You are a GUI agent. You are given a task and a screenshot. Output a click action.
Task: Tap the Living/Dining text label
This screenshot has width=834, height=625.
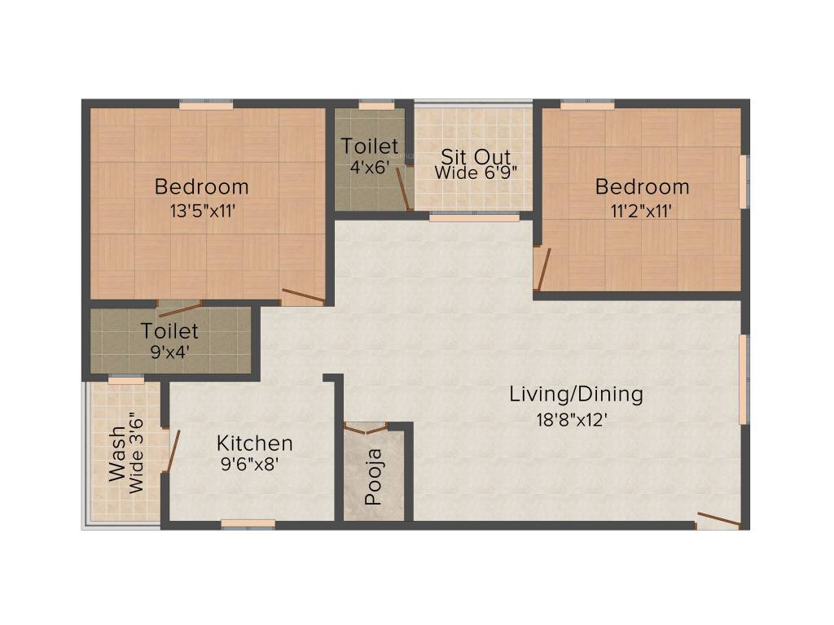click(576, 395)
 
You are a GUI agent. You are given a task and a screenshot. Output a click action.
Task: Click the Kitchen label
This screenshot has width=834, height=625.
click(254, 444)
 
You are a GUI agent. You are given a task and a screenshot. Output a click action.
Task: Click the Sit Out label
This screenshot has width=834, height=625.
click(476, 155)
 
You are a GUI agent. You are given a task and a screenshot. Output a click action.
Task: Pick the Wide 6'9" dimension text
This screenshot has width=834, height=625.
click(476, 173)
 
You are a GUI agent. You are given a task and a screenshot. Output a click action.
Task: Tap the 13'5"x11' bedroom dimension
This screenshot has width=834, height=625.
click(201, 210)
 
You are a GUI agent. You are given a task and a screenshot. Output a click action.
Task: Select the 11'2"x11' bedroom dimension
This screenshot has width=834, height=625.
click(642, 210)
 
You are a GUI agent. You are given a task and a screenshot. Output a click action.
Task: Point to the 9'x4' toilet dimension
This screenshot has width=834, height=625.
click(169, 352)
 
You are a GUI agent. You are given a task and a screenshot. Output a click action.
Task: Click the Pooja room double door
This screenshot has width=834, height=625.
click(365, 428)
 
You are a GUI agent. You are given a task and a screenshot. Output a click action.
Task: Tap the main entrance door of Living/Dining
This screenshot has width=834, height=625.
click(718, 520)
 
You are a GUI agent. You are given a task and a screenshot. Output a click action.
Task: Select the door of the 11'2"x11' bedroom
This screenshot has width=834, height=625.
click(542, 269)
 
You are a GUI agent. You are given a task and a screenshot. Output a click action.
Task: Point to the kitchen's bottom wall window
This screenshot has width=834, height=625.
click(248, 524)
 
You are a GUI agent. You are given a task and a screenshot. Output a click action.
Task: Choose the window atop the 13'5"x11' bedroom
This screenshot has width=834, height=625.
click(205, 104)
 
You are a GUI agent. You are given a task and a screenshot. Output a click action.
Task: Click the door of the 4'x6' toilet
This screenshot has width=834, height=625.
click(403, 189)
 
